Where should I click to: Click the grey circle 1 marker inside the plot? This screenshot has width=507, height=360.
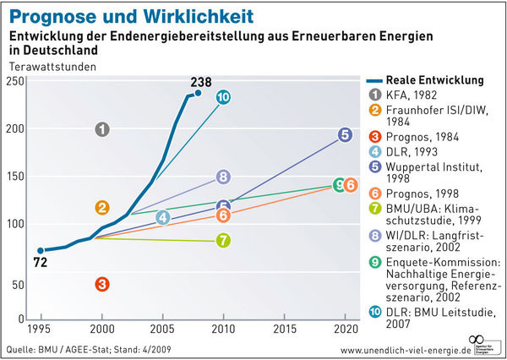(x=102, y=129)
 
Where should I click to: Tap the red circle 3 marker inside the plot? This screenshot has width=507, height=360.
(x=102, y=284)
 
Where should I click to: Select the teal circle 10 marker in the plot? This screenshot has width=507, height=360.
(x=223, y=98)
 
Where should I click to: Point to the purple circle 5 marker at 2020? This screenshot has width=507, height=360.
(x=345, y=134)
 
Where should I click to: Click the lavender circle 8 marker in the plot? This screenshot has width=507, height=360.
(x=223, y=177)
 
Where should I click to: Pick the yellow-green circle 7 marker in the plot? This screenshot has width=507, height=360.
(x=223, y=240)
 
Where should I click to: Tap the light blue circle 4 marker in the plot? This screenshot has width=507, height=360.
(x=163, y=217)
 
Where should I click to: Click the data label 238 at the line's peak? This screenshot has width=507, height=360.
(x=202, y=82)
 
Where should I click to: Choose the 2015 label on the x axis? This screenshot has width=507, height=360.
(x=284, y=328)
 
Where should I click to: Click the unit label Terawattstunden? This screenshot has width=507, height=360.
(x=52, y=65)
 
